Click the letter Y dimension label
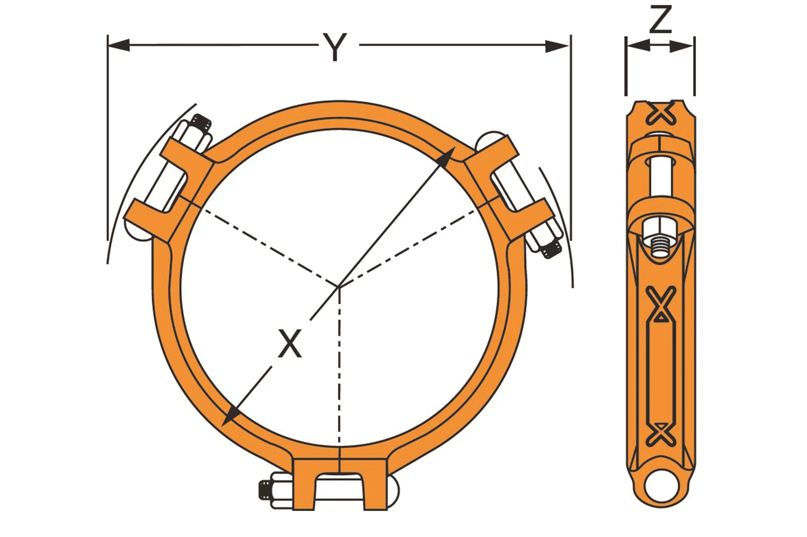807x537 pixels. pyautogui.click(x=335, y=47)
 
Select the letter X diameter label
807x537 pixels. pyautogui.click(x=290, y=343)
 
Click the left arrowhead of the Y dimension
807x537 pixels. pyautogui.click(x=119, y=46)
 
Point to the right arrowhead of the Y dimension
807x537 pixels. pyautogui.click(x=557, y=46)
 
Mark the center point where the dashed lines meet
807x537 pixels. pyautogui.click(x=338, y=287)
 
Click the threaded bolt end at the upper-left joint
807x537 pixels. pyautogui.click(x=201, y=124)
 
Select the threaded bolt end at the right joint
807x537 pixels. pyautogui.click(x=552, y=249)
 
